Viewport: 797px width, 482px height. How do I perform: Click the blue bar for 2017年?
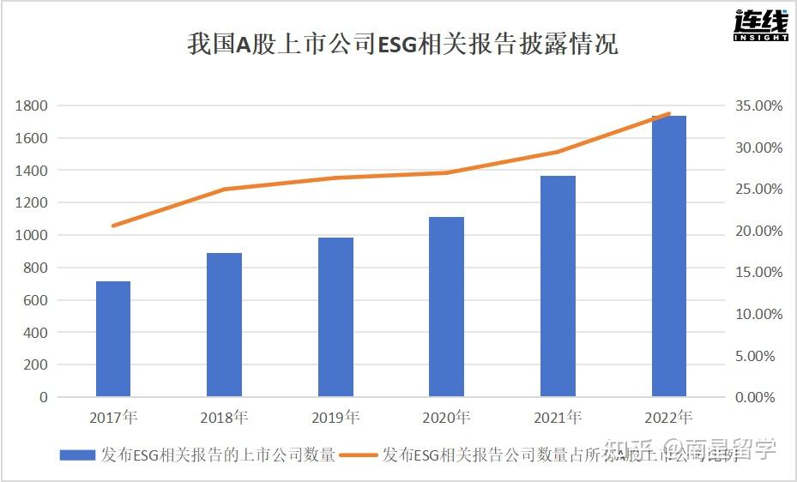click(113, 339)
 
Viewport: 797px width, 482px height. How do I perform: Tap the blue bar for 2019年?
click(335, 316)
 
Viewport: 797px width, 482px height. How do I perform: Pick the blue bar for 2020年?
click(446, 306)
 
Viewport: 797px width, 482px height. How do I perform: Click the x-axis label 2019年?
click(335, 419)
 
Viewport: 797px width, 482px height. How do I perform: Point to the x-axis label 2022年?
click(668, 419)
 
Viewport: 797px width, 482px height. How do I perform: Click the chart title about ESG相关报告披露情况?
click(402, 44)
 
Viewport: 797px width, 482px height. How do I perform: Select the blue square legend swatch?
click(77, 455)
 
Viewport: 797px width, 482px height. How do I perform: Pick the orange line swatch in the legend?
click(360, 455)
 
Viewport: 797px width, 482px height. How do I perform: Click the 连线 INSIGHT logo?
click(760, 27)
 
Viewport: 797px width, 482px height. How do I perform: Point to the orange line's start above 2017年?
click(113, 226)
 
